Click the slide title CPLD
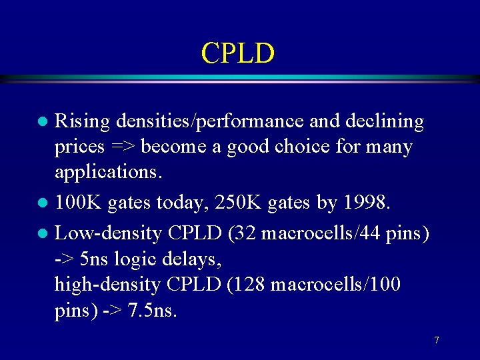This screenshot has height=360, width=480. [238, 53]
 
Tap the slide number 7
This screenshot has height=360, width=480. [436, 341]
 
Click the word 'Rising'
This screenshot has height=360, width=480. [82, 122]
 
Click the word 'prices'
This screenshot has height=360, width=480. [79, 147]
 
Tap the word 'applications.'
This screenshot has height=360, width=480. [108, 173]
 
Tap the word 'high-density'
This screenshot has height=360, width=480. [108, 285]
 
